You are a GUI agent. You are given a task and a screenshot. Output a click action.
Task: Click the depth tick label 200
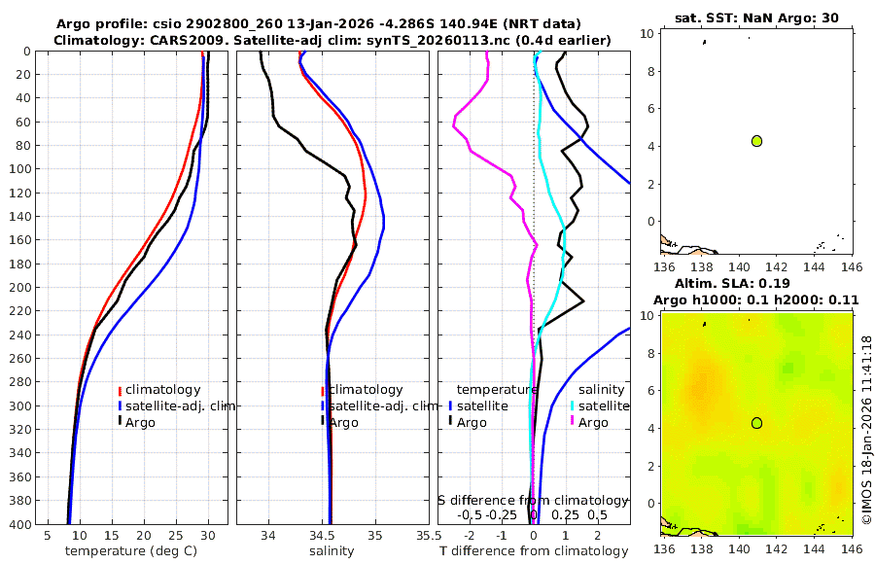coord(21,288)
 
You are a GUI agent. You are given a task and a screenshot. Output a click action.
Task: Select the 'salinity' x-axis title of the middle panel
coord(332,551)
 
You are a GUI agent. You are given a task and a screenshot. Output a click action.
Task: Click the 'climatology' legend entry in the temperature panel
coord(162,390)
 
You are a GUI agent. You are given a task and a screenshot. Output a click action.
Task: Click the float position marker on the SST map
coord(756,141)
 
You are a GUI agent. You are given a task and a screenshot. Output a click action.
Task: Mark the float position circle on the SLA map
coord(756,423)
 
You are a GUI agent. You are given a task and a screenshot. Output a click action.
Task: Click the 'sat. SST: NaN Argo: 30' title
coord(756,18)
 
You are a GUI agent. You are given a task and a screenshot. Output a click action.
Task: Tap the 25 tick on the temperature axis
coord(176,534)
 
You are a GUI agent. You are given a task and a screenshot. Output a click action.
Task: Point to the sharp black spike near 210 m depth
coord(583,302)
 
